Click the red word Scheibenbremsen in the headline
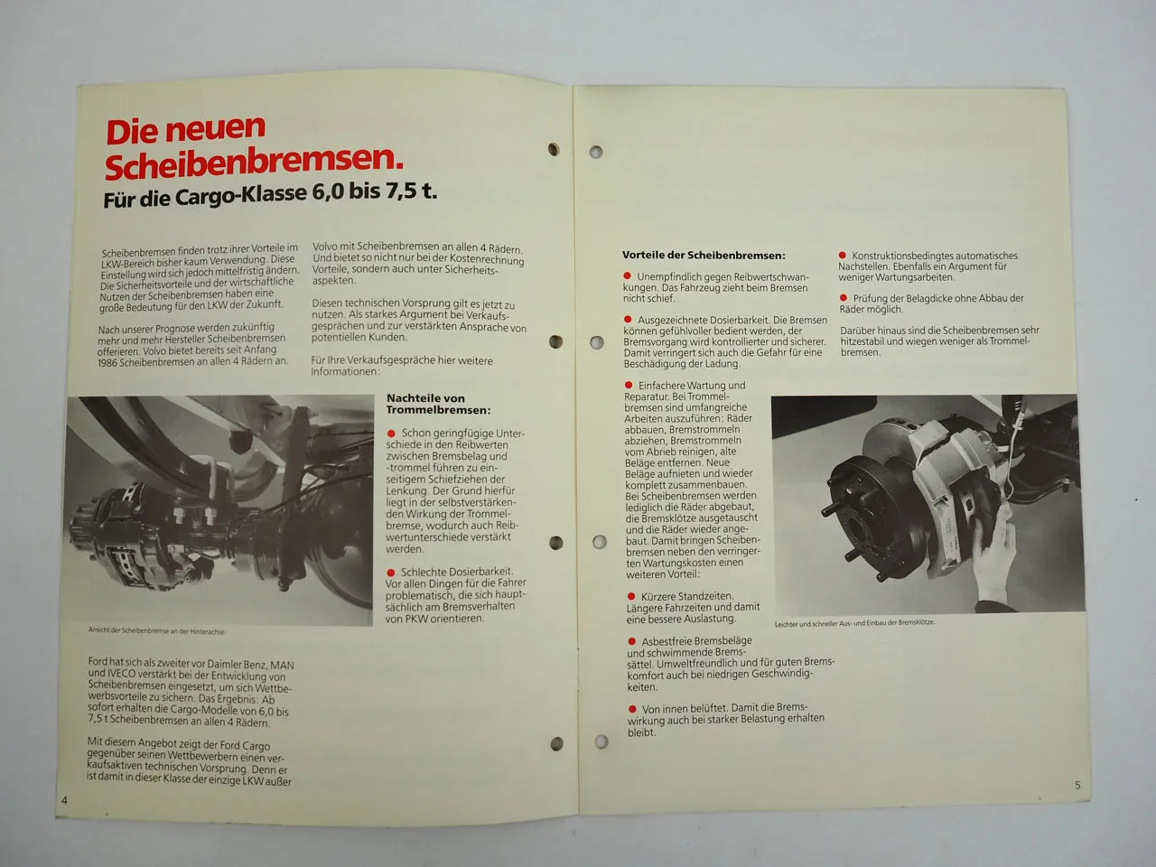pyautogui.click(x=253, y=163)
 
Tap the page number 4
pyautogui.click(x=65, y=800)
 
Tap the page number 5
pyautogui.click(x=1077, y=785)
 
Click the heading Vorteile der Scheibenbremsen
pyautogui.click(x=704, y=256)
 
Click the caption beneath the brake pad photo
pyautogui.click(x=854, y=623)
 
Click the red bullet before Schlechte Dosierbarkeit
pyautogui.click(x=391, y=572)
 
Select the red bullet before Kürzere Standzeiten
pyautogui.click(x=630, y=597)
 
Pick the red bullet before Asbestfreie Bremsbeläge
pyautogui.click(x=630, y=641)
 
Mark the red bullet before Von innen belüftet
pyautogui.click(x=630, y=708)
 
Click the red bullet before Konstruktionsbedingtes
pyautogui.click(x=844, y=256)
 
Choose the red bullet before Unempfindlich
pyautogui.click(x=627, y=276)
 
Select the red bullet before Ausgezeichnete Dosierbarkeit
pyautogui.click(x=628, y=320)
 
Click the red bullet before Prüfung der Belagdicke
pyautogui.click(x=844, y=298)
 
